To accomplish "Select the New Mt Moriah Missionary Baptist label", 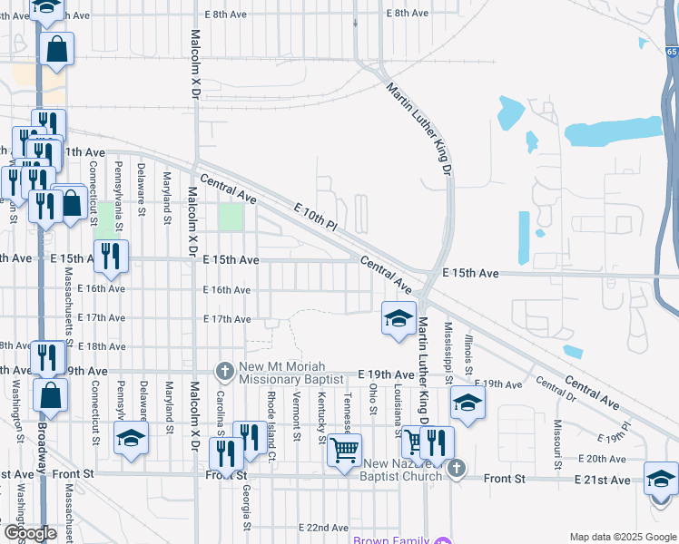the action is (290, 374).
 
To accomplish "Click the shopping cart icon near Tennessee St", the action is (344, 449).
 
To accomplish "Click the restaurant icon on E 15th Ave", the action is (111, 257).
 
